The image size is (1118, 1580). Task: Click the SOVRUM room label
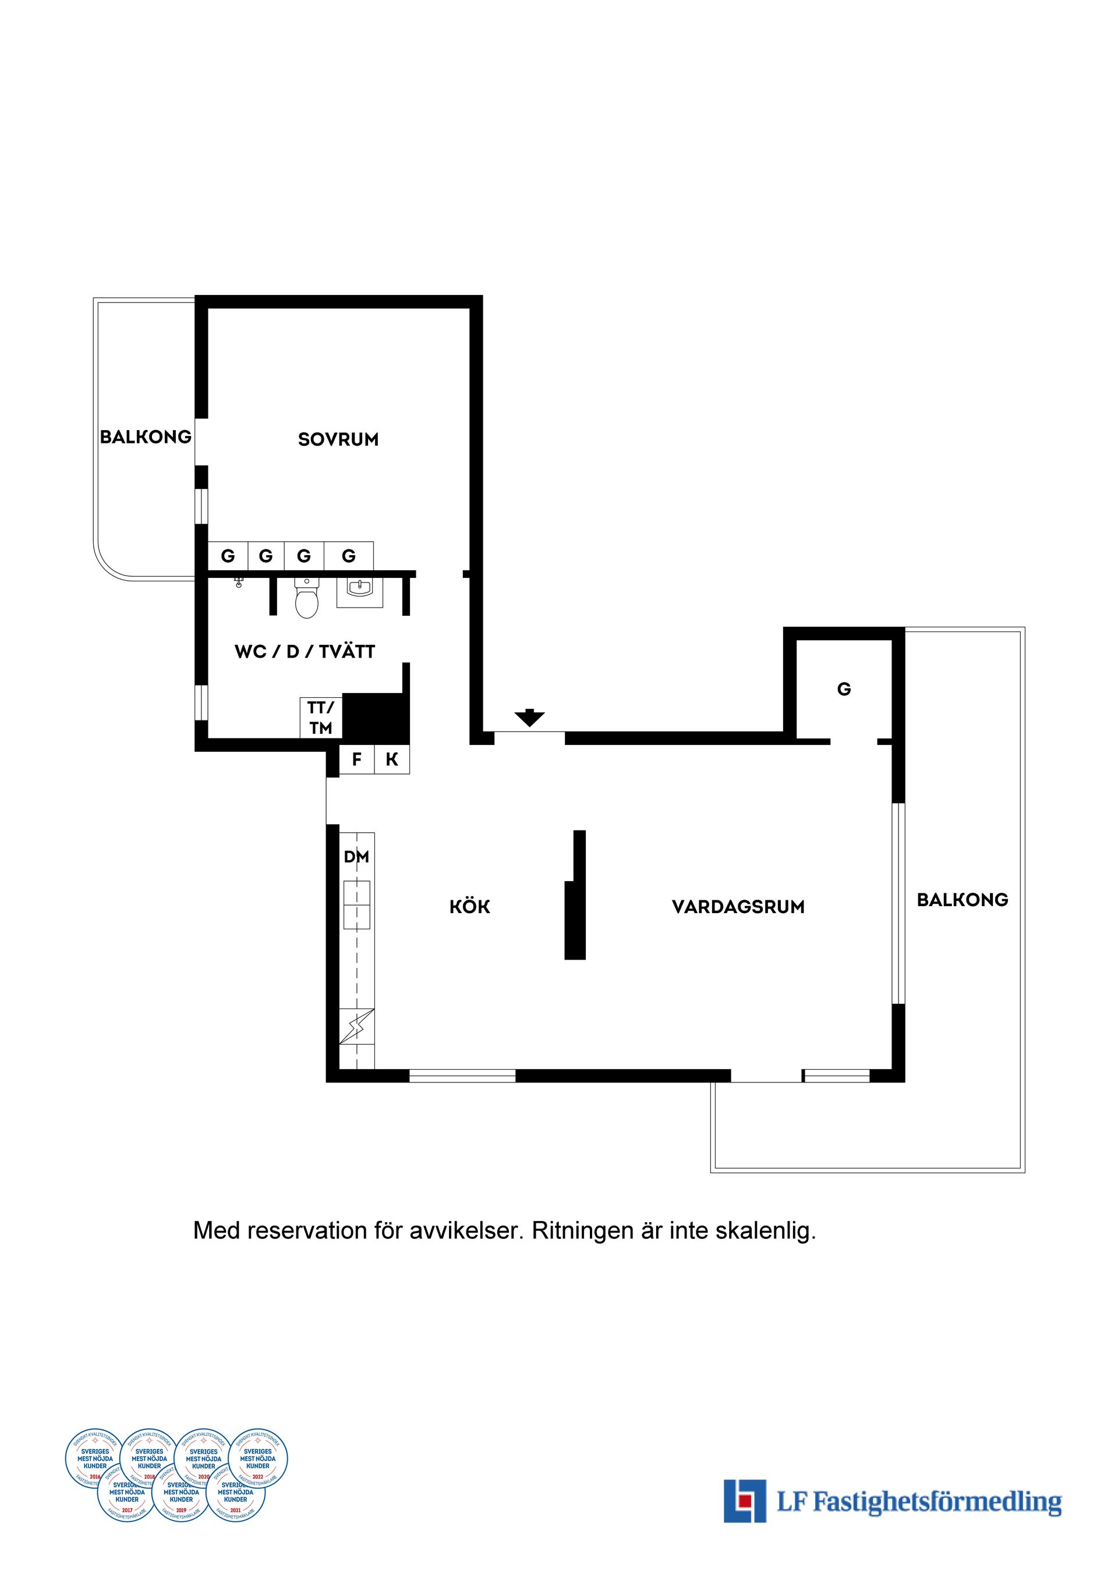click(338, 439)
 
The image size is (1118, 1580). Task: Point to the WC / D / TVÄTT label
click(305, 651)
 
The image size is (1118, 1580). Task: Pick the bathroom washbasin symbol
click(359, 589)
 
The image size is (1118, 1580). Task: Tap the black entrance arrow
click(529, 718)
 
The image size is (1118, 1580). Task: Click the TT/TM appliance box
click(321, 718)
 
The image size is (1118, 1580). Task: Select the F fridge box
click(356, 759)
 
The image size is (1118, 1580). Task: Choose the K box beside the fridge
click(392, 759)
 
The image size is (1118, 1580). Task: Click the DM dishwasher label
click(356, 857)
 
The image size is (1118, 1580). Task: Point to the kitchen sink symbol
click(356, 904)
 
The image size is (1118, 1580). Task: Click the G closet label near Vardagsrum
click(844, 689)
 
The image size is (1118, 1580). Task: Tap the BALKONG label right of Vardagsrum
click(962, 900)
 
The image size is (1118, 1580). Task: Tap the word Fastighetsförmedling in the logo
click(937, 1501)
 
